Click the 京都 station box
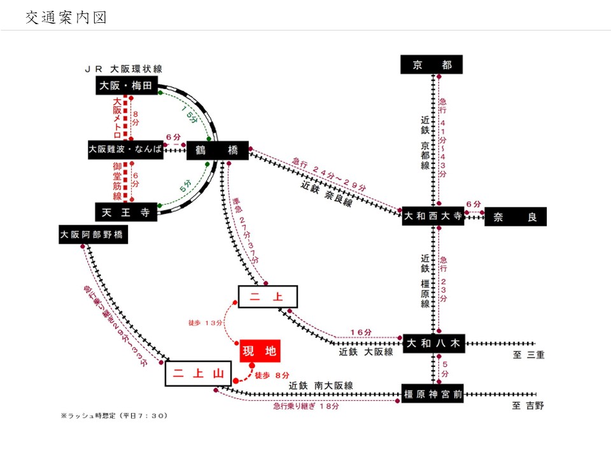pos(432,65)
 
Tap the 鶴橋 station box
pos(217,151)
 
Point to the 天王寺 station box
pos(125,212)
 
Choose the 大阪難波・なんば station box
pos(125,150)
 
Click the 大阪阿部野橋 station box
pos(93,234)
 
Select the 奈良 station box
pos(516,217)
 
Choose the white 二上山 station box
pos(197,373)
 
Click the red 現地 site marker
pos(260,351)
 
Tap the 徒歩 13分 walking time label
pos(206,323)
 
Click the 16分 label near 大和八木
pos(360,332)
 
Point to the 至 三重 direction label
pos(528,355)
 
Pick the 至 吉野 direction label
pos(528,406)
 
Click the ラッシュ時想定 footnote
pos(114,415)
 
